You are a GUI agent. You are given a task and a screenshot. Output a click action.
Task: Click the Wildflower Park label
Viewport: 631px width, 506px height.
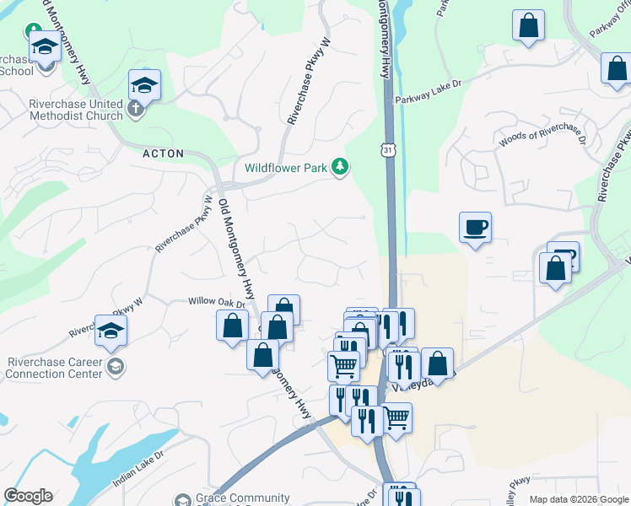[x=286, y=168]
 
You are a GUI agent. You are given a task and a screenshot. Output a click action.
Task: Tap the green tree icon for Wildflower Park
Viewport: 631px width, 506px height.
[x=340, y=167]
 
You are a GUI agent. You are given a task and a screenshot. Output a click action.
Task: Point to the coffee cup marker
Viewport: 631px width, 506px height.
[x=475, y=227]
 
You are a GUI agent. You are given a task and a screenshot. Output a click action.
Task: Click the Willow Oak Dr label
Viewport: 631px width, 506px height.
[x=216, y=301]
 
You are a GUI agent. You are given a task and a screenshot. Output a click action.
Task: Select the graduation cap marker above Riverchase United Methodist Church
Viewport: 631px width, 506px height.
[x=144, y=84]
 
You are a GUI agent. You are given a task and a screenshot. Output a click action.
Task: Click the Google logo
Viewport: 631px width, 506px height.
[x=28, y=496]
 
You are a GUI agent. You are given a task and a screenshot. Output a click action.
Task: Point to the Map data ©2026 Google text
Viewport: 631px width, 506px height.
[x=578, y=500]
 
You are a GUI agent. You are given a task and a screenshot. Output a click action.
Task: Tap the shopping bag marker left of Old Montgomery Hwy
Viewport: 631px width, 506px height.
[x=232, y=326]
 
